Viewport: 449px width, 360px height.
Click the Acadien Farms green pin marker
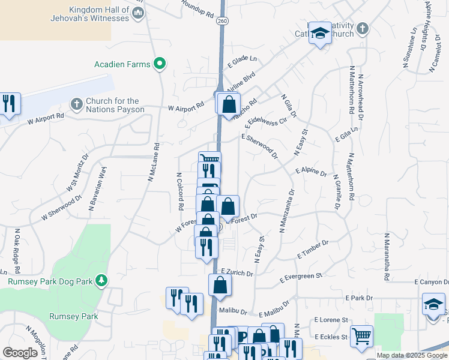pos(160,63)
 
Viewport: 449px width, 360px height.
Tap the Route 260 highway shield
pos(223,21)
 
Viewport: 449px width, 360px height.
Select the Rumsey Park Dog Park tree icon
pos(102,280)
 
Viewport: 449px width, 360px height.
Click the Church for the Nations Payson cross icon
pos(76,105)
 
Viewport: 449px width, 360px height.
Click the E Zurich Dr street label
pos(237,272)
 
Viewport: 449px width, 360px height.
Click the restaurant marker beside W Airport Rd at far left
pos(9,104)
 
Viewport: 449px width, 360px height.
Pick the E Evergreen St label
pos(301,277)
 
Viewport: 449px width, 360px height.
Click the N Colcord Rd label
pos(179,191)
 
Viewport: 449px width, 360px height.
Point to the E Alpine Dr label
pos(311,173)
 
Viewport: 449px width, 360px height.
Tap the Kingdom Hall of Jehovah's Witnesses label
pos(99,14)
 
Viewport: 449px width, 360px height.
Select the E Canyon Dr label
pos(430,282)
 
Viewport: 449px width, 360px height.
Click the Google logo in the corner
pos(20,353)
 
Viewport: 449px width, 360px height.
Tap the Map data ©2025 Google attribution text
pos(411,355)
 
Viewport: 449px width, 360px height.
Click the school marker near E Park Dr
pos(433,304)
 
